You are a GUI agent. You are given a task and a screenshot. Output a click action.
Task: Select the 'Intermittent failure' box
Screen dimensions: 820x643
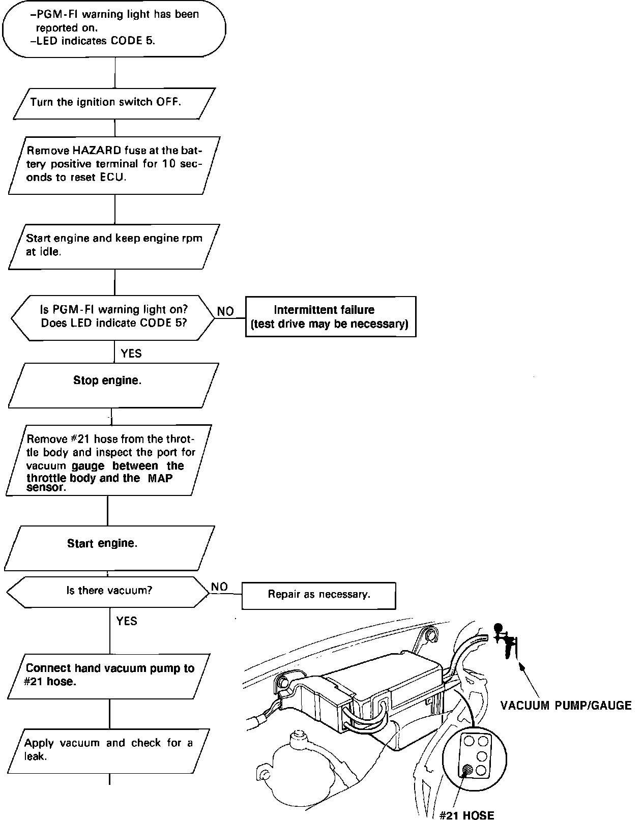pyautogui.click(x=330, y=316)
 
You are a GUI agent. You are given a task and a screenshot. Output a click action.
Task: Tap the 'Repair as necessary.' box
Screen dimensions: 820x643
pyautogui.click(x=318, y=595)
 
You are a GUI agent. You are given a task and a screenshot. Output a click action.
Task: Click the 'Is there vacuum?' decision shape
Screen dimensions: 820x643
pyautogui.click(x=109, y=591)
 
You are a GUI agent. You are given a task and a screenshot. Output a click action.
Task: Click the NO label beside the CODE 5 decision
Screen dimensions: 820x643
pyautogui.click(x=225, y=311)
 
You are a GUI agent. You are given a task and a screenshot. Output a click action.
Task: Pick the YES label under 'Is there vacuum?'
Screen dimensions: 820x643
pyautogui.click(x=127, y=621)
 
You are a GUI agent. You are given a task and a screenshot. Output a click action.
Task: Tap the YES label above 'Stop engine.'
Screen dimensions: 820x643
pyautogui.click(x=131, y=353)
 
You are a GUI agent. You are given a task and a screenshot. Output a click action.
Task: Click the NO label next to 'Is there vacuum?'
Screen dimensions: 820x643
pyautogui.click(x=219, y=587)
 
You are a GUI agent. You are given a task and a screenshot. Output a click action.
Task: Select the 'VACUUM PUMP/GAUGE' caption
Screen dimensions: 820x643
pyautogui.click(x=566, y=706)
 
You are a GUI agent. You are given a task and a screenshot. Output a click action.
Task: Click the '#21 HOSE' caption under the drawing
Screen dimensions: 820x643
pyautogui.click(x=466, y=815)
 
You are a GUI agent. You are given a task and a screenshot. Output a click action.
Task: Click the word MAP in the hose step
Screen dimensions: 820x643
pyautogui.click(x=160, y=478)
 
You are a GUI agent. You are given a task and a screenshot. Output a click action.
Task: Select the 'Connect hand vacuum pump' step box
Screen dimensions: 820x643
pyautogui.click(x=109, y=676)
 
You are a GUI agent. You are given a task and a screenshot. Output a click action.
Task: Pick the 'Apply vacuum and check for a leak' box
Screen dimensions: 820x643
pyautogui.click(x=109, y=750)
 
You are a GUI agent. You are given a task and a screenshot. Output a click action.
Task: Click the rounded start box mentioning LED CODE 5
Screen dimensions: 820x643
pyautogui.click(x=114, y=28)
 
